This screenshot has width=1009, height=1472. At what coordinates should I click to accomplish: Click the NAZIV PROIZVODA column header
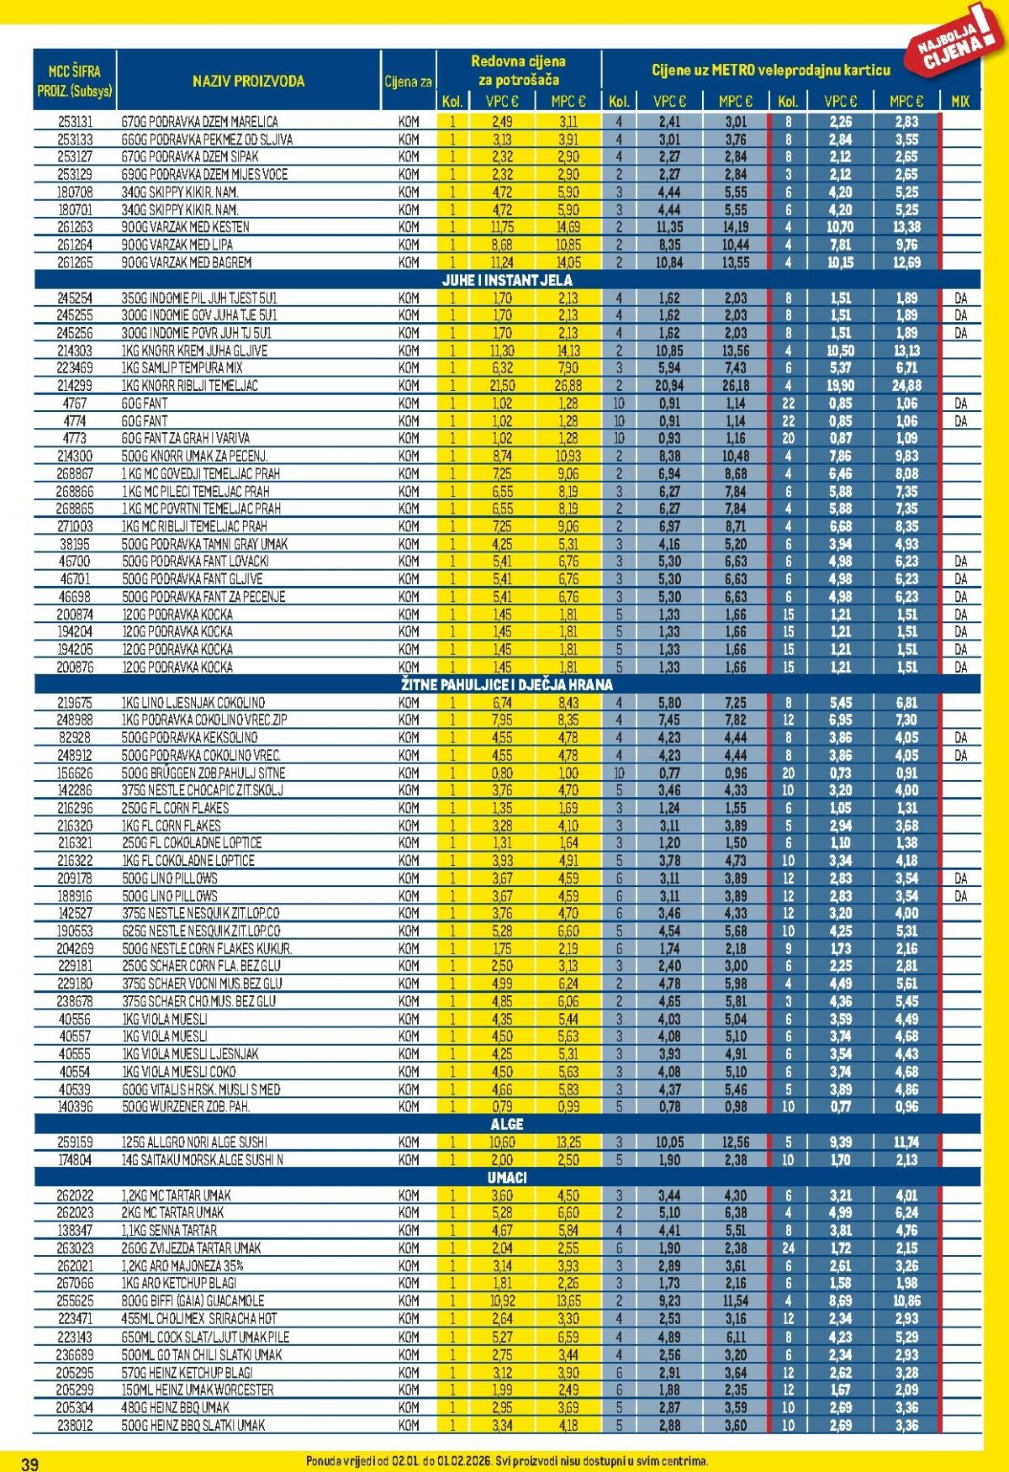[x=248, y=82]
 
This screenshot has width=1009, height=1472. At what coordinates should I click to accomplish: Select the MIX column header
[x=960, y=101]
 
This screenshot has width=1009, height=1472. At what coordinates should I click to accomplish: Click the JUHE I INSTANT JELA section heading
[x=507, y=280]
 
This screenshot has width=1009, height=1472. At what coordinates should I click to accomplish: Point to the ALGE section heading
[x=507, y=1124]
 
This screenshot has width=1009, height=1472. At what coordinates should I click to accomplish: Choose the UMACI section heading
[x=507, y=1177]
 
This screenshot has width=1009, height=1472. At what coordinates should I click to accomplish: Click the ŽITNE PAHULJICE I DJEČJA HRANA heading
[x=507, y=684]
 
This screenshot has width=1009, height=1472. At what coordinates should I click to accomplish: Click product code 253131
[x=75, y=122]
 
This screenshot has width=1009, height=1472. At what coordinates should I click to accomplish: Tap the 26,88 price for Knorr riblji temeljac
[x=568, y=386]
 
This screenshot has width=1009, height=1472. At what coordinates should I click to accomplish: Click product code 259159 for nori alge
[x=75, y=1142]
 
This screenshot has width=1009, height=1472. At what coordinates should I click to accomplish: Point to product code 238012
[x=75, y=1425]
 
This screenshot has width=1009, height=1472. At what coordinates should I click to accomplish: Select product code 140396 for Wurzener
[x=75, y=1106]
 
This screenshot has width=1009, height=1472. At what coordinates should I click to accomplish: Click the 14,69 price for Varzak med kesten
[x=568, y=227]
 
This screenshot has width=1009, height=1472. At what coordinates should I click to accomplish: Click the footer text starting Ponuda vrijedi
[x=507, y=1462]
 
